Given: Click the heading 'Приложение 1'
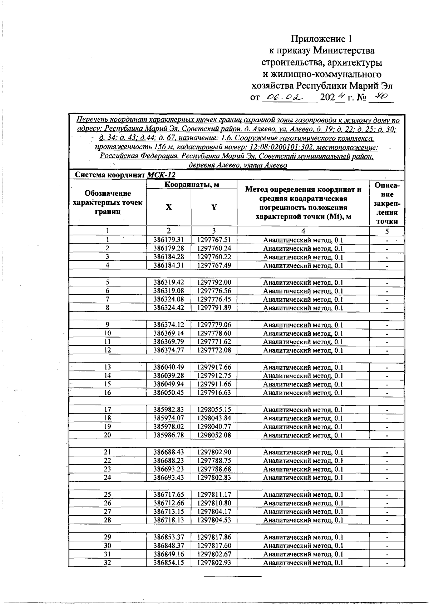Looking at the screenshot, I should point(324,39).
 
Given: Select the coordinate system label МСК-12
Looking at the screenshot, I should point(161,175).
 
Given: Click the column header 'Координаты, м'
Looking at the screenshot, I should point(192,184).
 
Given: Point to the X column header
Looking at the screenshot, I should point(169,207).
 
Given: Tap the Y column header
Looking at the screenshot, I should point(214,207).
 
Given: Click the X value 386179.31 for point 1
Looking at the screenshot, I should point(168,240).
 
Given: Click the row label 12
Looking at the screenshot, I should point(107,350).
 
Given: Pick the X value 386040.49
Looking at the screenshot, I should point(168,367).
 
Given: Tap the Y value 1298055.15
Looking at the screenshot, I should point(214,410).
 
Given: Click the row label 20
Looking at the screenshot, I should point(107,435).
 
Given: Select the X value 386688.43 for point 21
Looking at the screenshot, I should point(168,452).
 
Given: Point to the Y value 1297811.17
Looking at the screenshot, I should point(214,495).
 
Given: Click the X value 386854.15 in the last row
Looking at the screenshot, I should point(168,562).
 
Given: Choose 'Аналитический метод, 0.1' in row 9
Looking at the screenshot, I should point(303,325).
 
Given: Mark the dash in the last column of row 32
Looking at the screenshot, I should point(387,563).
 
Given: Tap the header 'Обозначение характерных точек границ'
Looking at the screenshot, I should point(107,202).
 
